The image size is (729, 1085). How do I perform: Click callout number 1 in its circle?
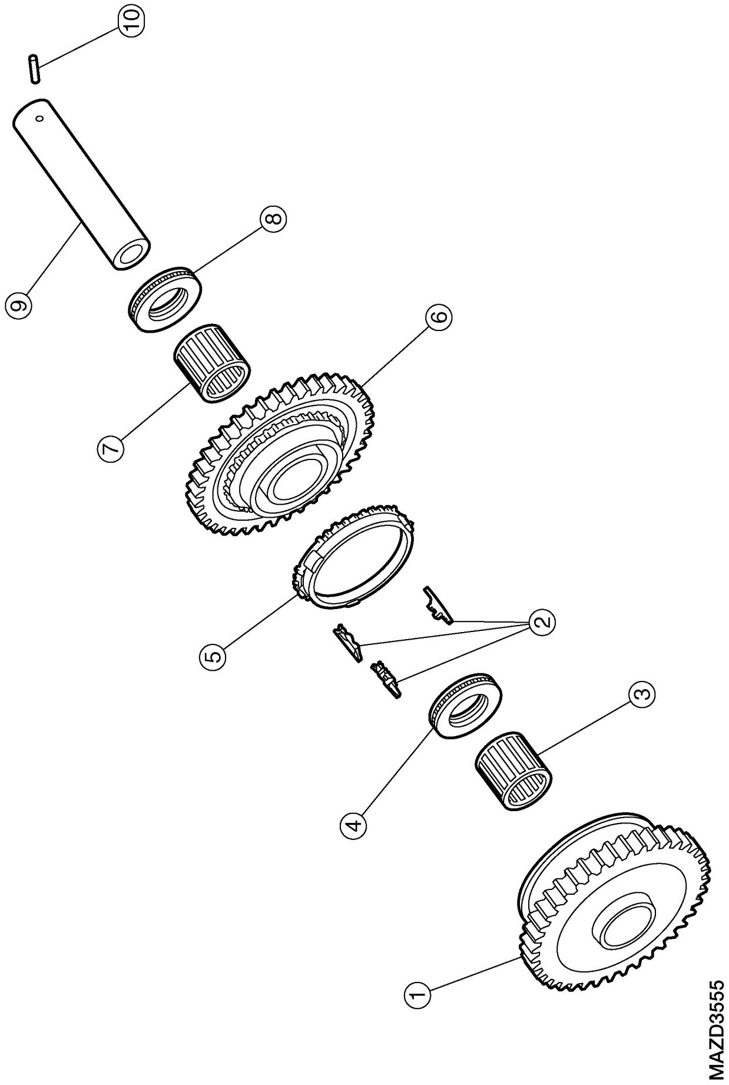pos(418,995)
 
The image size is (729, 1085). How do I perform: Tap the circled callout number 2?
pos(542,620)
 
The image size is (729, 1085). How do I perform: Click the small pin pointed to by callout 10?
pos(34,68)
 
